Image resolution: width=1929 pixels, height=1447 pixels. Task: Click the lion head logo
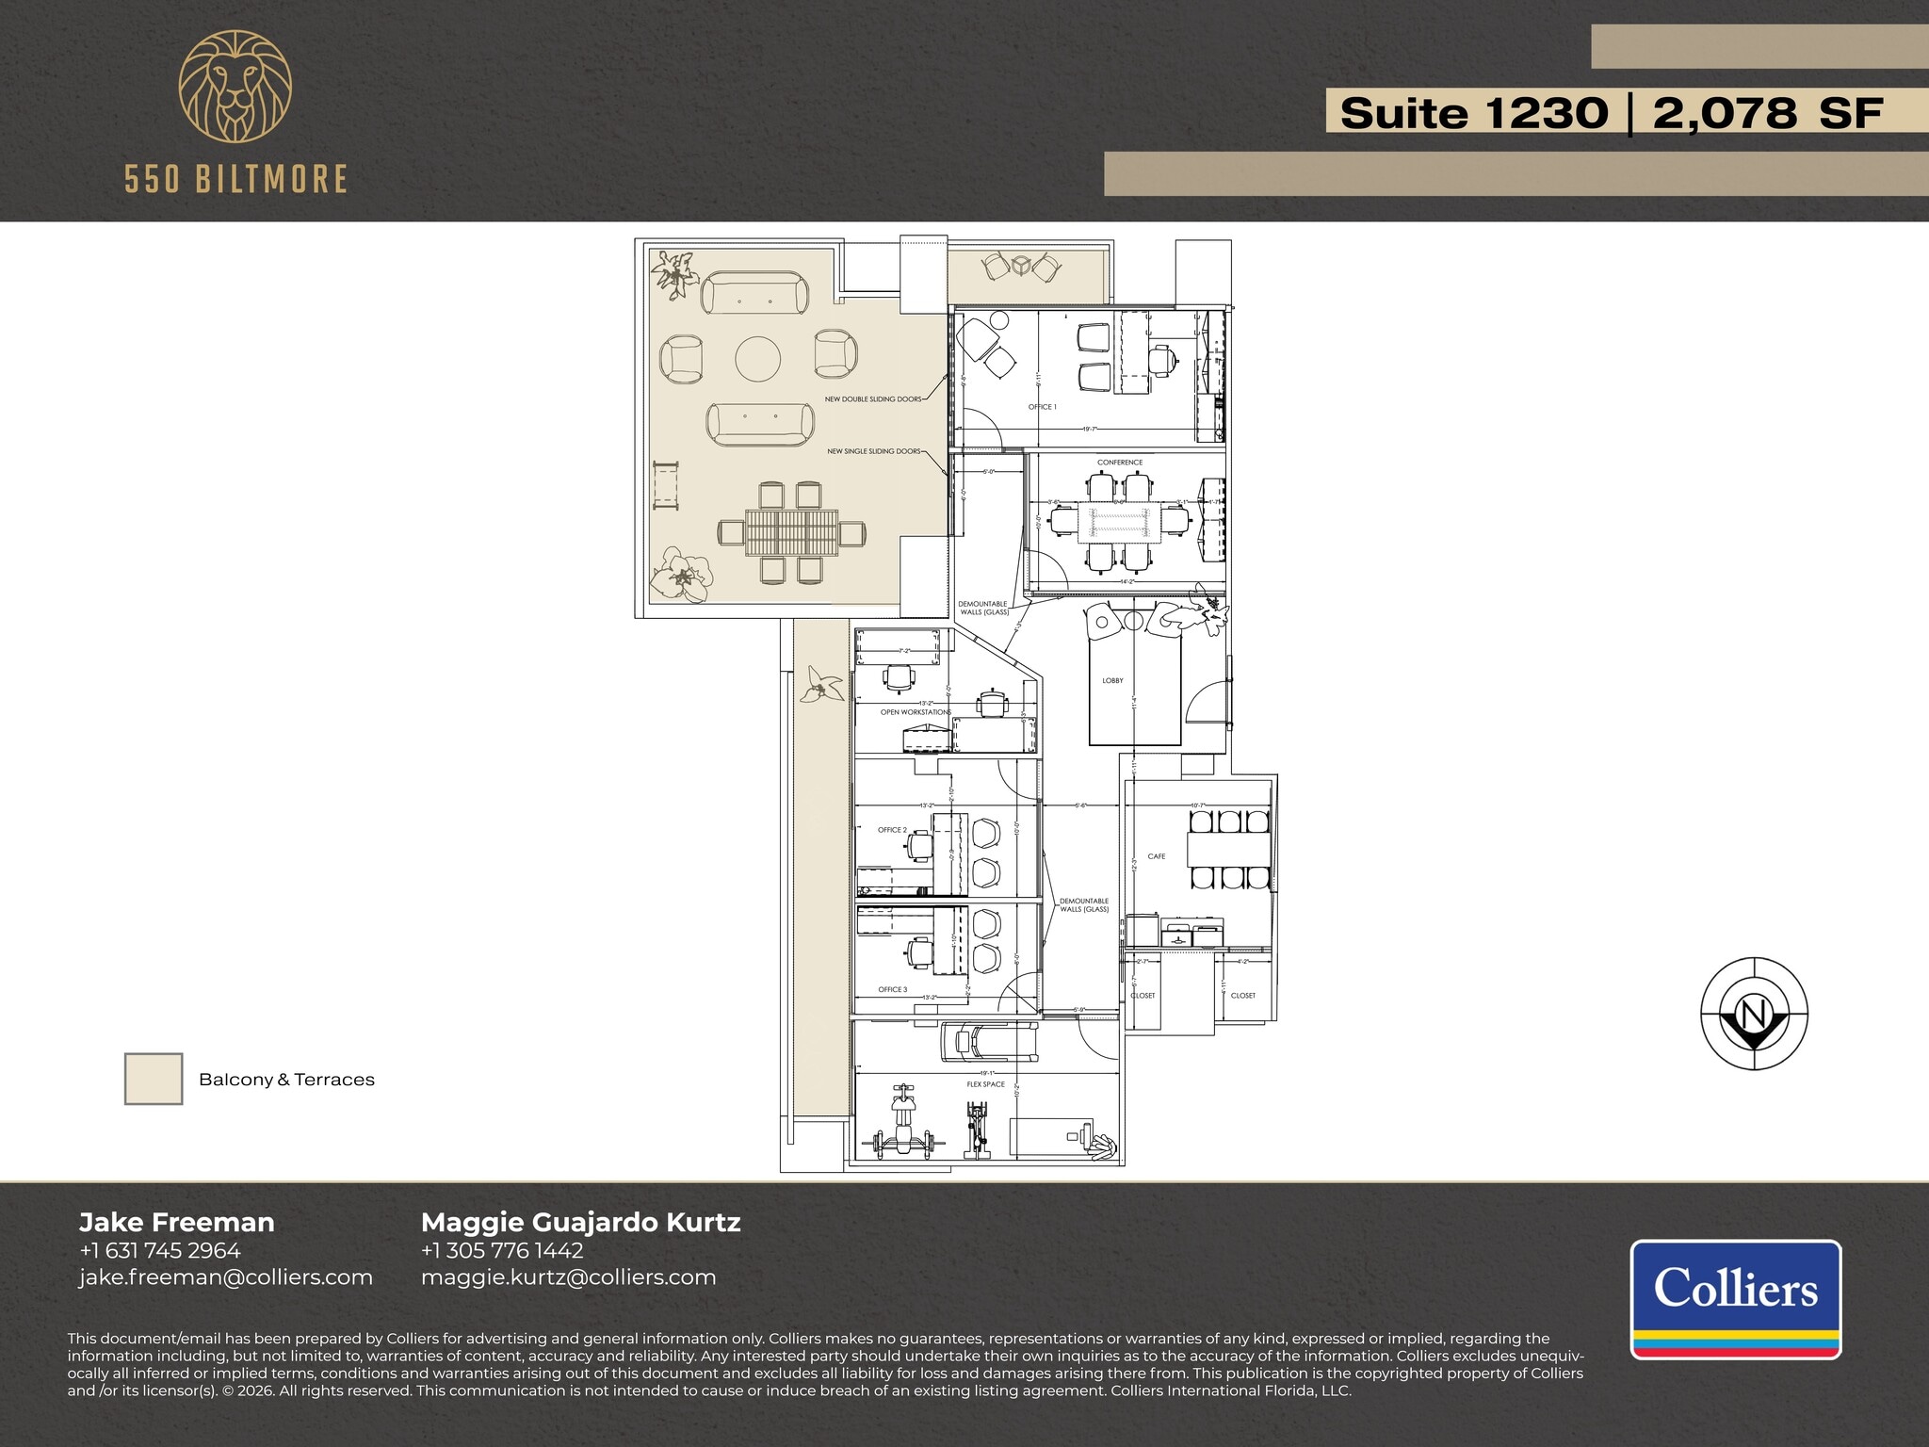click(235, 87)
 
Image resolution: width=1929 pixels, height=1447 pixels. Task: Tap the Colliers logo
click(1735, 1298)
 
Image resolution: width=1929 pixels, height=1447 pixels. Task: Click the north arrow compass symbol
click(1754, 1014)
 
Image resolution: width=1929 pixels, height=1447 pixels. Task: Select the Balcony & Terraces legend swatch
click(154, 1079)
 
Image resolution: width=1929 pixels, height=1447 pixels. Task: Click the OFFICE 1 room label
click(1042, 407)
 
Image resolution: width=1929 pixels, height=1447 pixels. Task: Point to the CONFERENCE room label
click(1120, 463)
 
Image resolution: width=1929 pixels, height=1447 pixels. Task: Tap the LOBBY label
click(1112, 680)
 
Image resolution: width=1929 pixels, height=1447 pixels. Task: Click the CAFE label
click(1157, 856)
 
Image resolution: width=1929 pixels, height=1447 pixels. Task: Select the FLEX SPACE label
click(985, 1084)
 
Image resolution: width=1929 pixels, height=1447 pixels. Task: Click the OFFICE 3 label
click(892, 989)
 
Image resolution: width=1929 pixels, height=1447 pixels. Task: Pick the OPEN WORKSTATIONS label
click(916, 712)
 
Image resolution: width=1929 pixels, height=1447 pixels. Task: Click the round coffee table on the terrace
click(758, 359)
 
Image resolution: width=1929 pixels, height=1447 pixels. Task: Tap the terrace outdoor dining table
click(791, 533)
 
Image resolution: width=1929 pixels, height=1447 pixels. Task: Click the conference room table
click(1119, 520)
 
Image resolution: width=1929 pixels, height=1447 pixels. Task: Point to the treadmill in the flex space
click(989, 1041)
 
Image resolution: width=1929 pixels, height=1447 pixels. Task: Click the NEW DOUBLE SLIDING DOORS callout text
click(873, 399)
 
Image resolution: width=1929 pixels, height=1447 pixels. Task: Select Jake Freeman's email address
click(226, 1277)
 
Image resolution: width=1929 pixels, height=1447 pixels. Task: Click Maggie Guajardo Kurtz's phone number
click(502, 1251)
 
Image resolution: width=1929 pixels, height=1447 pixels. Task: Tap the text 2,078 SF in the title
click(1767, 113)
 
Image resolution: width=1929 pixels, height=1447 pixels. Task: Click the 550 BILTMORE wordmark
click(235, 179)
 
